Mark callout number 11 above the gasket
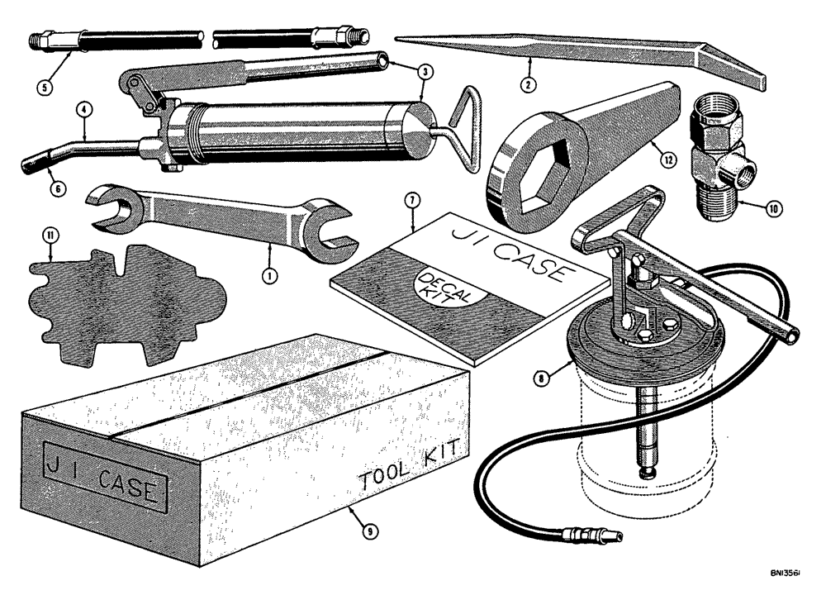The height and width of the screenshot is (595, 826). [x=51, y=239]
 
